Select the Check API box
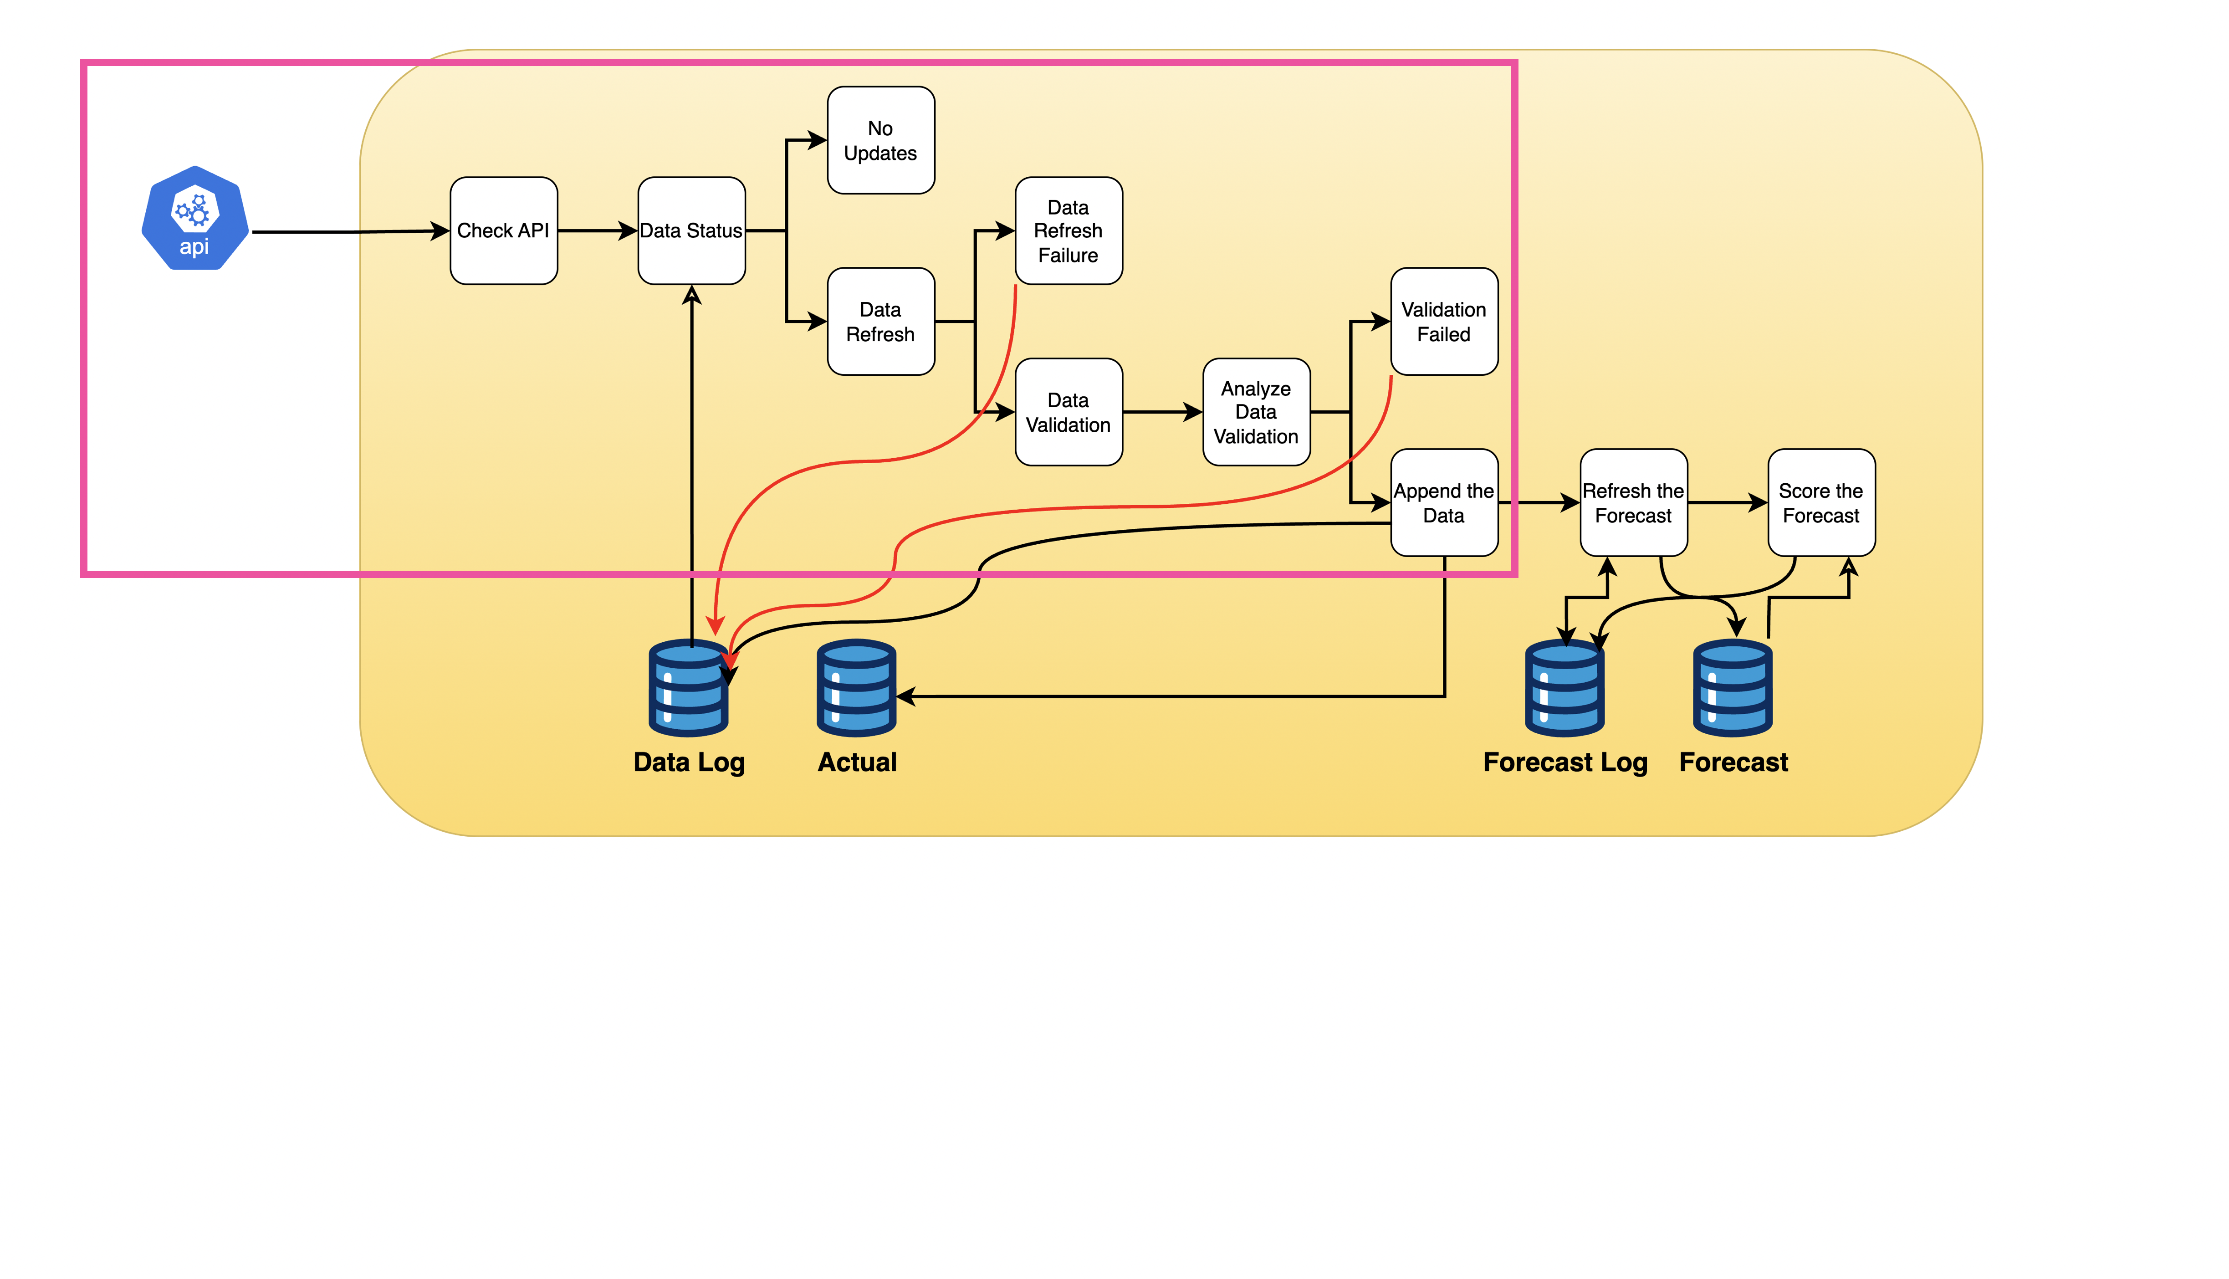pos(503,231)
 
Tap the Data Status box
pos(691,231)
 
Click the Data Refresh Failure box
pos(1068,231)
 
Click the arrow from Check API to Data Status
pos(597,231)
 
